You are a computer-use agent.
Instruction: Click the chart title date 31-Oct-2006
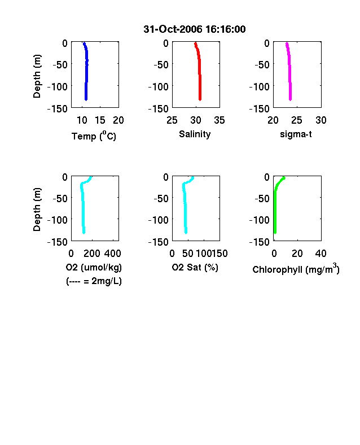pyautogui.click(x=172, y=29)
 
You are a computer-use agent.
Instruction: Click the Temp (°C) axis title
pyautogui.click(x=94, y=136)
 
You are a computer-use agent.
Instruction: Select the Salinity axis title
pyautogui.click(x=195, y=134)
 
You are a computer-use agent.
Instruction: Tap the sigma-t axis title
pyautogui.click(x=296, y=134)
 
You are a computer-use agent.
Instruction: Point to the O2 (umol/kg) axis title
pyautogui.click(x=94, y=267)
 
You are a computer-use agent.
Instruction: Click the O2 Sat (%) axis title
pyautogui.click(x=195, y=267)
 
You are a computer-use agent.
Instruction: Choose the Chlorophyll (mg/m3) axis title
pyautogui.click(x=296, y=268)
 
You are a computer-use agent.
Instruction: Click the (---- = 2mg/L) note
pyautogui.click(x=94, y=281)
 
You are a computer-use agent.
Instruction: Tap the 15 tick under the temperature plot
pyautogui.click(x=100, y=120)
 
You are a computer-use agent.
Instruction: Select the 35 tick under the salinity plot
pyautogui.click(x=219, y=120)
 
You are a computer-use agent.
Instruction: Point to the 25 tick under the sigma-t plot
pyautogui.click(x=297, y=120)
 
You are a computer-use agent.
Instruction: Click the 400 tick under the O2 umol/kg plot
pyautogui.click(x=112, y=254)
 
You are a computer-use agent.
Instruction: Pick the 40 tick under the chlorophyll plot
pyautogui.click(x=321, y=254)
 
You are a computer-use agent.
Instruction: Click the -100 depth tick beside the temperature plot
pyautogui.click(x=58, y=86)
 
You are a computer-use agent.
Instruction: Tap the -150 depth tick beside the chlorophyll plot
pyautogui.click(x=260, y=242)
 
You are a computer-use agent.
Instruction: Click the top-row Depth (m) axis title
pyautogui.click(x=37, y=76)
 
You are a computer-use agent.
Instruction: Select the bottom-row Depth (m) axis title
pyautogui.click(x=37, y=210)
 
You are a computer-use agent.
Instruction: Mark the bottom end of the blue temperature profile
pyautogui.click(x=86, y=99)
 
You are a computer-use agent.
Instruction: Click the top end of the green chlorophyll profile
pyautogui.click(x=284, y=178)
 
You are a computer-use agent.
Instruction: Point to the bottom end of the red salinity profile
pyautogui.click(x=200, y=99)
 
